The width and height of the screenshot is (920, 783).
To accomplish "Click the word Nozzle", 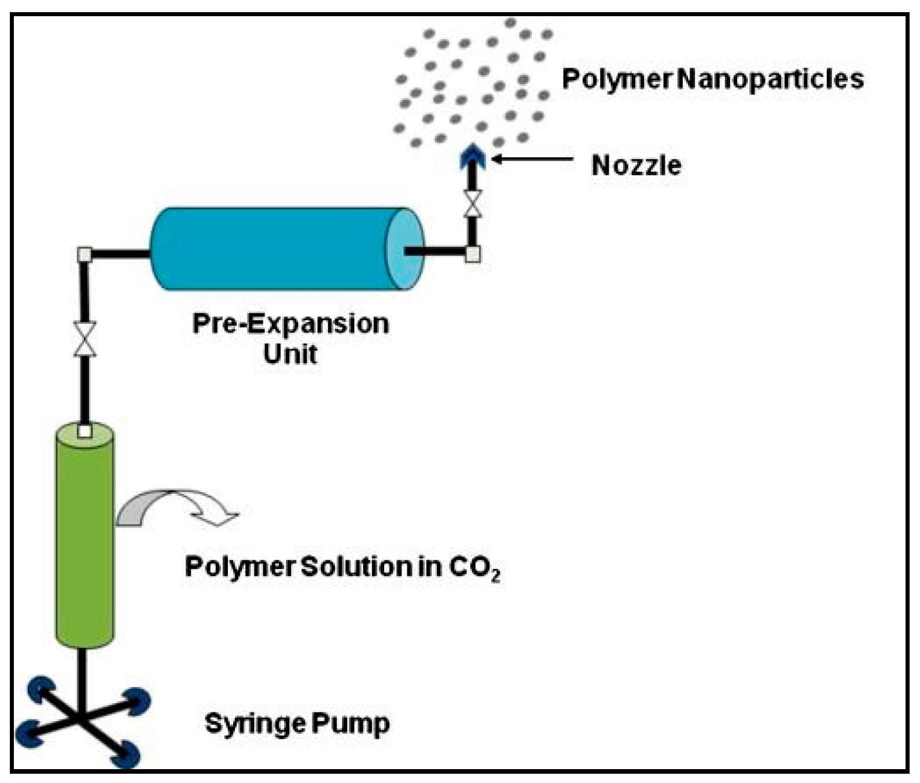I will coord(635,166).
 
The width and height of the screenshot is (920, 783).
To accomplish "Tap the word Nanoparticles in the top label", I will coord(770,79).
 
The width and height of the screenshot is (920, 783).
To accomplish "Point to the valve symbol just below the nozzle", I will coord(473,204).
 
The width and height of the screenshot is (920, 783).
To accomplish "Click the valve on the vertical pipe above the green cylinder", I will coord(85,339).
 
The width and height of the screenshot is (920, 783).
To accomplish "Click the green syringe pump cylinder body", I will coord(84,544).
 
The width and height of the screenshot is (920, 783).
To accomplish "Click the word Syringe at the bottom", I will coord(254,723).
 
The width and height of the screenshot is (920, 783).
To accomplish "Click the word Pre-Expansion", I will coord(290,323).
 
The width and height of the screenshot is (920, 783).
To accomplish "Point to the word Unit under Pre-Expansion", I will coord(290,354).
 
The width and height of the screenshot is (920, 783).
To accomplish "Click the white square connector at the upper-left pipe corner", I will coord(84,254).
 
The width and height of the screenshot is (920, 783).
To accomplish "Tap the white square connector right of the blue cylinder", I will coord(473,254).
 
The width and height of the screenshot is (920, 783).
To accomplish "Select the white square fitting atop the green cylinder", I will coord(84,431).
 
